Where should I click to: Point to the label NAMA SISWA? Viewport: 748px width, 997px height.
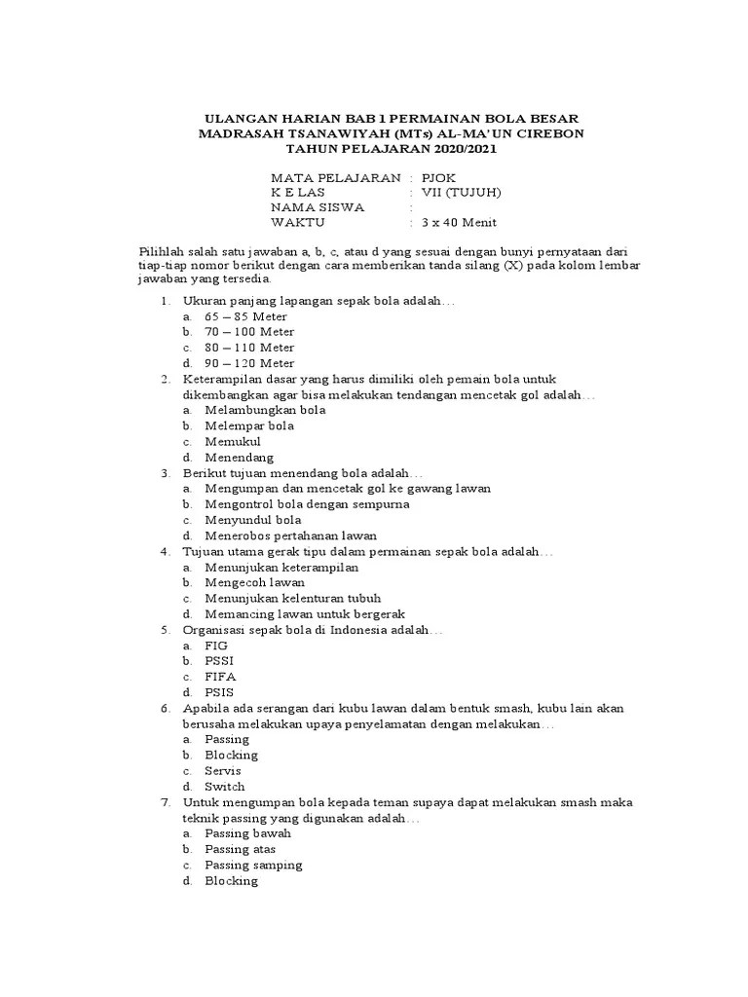318,206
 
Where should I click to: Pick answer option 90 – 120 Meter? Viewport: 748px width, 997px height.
249,363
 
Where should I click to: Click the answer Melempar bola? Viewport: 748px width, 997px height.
249,425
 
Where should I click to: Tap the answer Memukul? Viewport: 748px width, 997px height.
233,441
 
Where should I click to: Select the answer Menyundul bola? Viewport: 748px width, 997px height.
253,520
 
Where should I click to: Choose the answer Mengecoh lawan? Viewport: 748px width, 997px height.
254,582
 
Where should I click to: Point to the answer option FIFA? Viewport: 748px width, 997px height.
220,676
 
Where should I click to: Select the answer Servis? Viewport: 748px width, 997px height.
223,770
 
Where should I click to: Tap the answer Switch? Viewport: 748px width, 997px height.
225,786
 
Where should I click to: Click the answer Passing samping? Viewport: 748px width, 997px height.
253,865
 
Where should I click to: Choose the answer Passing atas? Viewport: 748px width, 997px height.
240,849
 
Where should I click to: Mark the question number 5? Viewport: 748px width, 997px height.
167,629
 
